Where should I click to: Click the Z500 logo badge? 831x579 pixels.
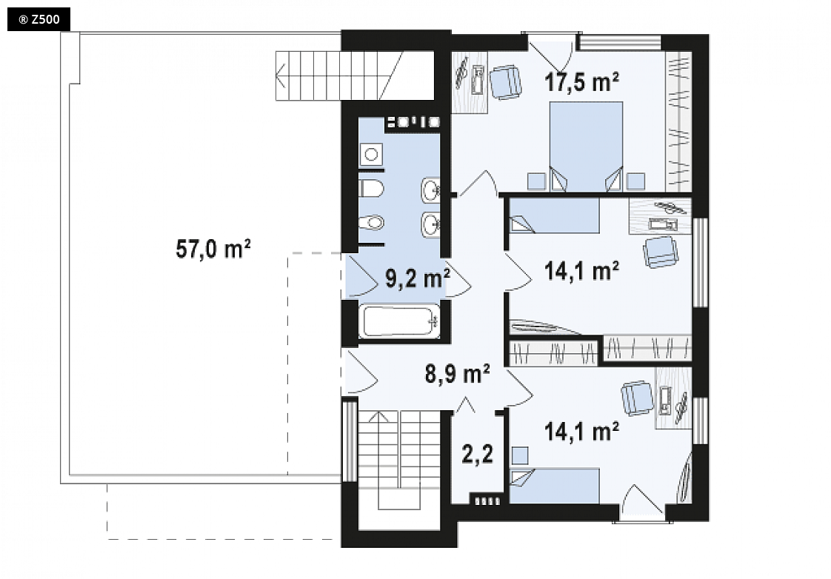(39, 19)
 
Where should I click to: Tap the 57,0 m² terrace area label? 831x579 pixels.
(213, 249)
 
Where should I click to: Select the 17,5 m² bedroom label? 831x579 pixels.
(581, 82)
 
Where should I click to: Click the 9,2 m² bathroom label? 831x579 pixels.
(418, 278)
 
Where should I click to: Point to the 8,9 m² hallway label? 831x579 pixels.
(458, 373)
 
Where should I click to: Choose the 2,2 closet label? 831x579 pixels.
(478, 454)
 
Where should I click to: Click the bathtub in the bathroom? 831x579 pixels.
(399, 321)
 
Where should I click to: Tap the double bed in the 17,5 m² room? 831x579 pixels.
(586, 146)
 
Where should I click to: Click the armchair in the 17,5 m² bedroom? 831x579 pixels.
(506, 81)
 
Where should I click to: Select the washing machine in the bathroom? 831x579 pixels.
(371, 155)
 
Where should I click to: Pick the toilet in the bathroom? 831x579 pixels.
(372, 188)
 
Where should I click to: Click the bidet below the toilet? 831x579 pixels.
(372, 222)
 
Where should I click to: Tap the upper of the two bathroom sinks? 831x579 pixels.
(430, 189)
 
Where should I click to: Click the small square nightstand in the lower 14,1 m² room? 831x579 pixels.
(521, 455)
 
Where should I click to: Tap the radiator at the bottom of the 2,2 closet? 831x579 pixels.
(487, 500)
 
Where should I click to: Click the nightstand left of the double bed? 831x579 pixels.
(536, 181)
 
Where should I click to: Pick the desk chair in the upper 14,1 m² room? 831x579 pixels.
(661, 252)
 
